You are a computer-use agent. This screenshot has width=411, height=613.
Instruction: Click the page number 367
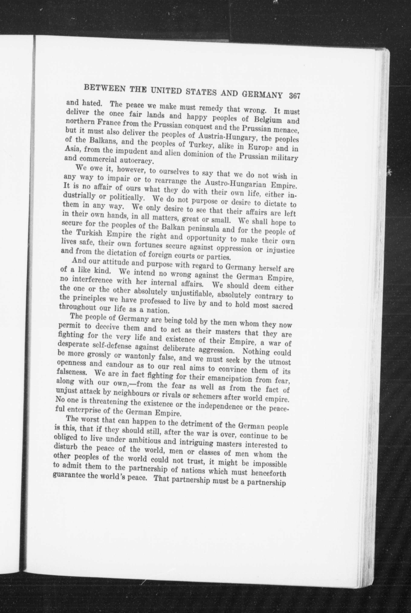tap(294, 96)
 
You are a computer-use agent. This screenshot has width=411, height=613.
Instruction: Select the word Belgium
tap(267, 120)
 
